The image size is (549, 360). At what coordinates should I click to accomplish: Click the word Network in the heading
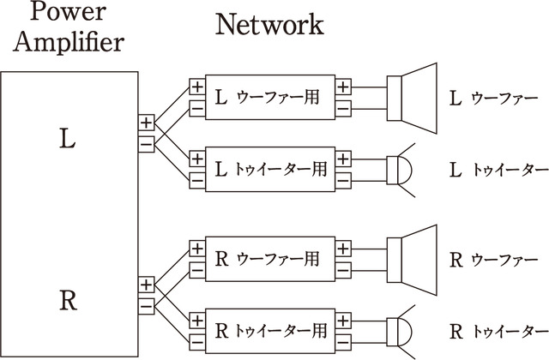(x=268, y=24)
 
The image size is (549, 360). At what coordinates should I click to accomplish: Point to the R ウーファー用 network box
(x=270, y=257)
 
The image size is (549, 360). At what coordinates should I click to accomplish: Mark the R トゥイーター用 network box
(x=270, y=329)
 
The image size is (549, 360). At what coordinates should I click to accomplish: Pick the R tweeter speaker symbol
(x=397, y=329)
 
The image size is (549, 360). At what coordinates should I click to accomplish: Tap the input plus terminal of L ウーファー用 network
(x=196, y=87)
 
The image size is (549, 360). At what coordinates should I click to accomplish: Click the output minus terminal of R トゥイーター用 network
(x=344, y=340)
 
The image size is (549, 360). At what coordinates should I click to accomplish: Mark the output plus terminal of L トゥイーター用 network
(x=344, y=159)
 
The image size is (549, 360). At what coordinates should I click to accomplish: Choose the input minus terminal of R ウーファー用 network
(x=196, y=267)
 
